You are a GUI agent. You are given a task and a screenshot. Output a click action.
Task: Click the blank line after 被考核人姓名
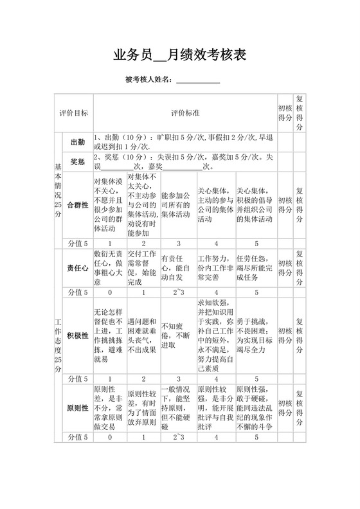pos(198,80)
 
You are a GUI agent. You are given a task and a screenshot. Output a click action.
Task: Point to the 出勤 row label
pos(77,141)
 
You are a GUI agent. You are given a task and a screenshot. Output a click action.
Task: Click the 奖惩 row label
pos(77,161)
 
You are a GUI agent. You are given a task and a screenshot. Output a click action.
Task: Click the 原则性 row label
pos(77,409)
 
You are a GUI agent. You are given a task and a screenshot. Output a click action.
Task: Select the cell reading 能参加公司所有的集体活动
pos(175,204)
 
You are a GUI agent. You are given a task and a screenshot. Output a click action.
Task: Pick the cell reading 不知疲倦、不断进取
pos(175,335)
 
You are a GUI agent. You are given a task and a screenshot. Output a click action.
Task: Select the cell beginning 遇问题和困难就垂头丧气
pos(143,334)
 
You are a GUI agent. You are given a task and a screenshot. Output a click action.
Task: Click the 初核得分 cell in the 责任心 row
pos(285,268)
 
